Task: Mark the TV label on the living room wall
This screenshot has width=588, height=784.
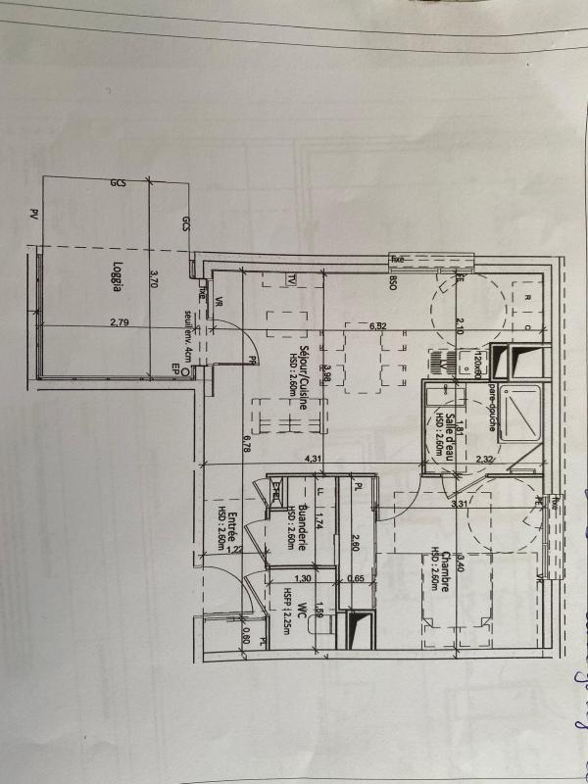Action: coord(292,278)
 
